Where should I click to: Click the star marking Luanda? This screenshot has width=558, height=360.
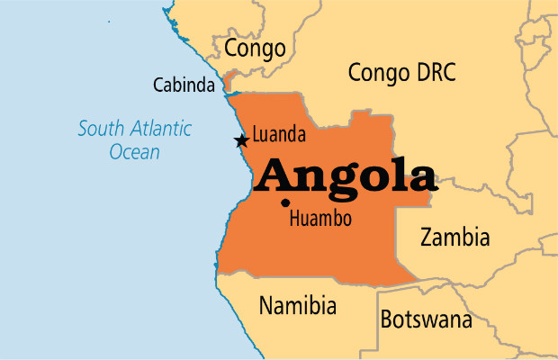coord(240,140)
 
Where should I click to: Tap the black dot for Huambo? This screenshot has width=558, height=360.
coord(285,202)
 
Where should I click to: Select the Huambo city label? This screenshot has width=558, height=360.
coord(319,219)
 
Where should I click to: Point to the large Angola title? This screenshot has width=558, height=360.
coord(346,175)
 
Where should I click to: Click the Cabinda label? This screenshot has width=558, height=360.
coord(184,86)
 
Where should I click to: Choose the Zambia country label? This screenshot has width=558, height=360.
coord(455,238)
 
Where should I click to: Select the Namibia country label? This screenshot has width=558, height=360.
coord(297,306)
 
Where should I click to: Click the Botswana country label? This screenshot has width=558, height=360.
coord(426,319)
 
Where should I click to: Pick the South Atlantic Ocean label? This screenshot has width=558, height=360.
coord(134,139)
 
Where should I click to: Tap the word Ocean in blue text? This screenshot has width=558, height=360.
coord(134,152)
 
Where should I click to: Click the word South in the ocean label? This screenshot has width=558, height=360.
coord(98,129)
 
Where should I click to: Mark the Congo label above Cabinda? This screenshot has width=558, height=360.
coord(255,47)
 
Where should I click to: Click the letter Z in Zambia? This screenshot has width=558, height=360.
coord(427,238)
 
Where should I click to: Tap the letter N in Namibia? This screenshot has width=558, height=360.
coord(266,306)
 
